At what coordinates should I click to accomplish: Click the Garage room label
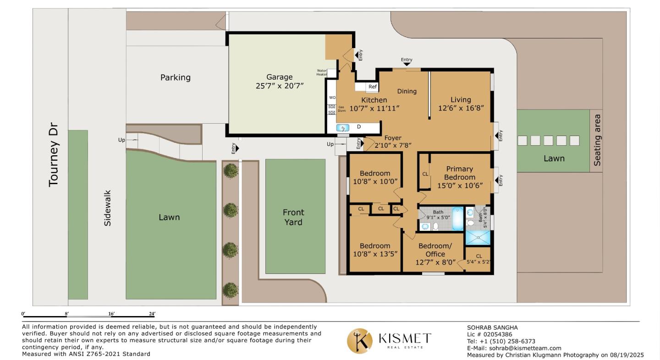point(279,77)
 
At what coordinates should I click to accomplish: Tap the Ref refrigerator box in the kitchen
point(372,87)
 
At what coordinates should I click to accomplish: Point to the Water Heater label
point(322,72)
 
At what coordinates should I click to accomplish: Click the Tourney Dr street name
point(53,154)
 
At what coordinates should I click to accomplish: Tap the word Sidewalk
point(108,208)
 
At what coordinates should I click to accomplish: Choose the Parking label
point(175,77)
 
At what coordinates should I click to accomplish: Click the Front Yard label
point(293,217)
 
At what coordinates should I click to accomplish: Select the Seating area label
point(597,140)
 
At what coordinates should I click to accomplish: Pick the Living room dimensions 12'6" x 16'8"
point(461,108)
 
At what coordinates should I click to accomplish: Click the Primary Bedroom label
point(460,173)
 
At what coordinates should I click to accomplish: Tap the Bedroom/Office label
point(435,250)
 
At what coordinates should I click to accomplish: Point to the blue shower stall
point(478,238)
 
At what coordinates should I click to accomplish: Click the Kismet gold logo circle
point(360,341)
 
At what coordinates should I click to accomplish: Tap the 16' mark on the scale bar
point(111,314)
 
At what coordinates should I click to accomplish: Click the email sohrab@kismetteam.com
point(525,348)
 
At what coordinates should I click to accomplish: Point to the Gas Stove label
point(341,109)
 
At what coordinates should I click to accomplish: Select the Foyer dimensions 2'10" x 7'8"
point(393,145)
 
